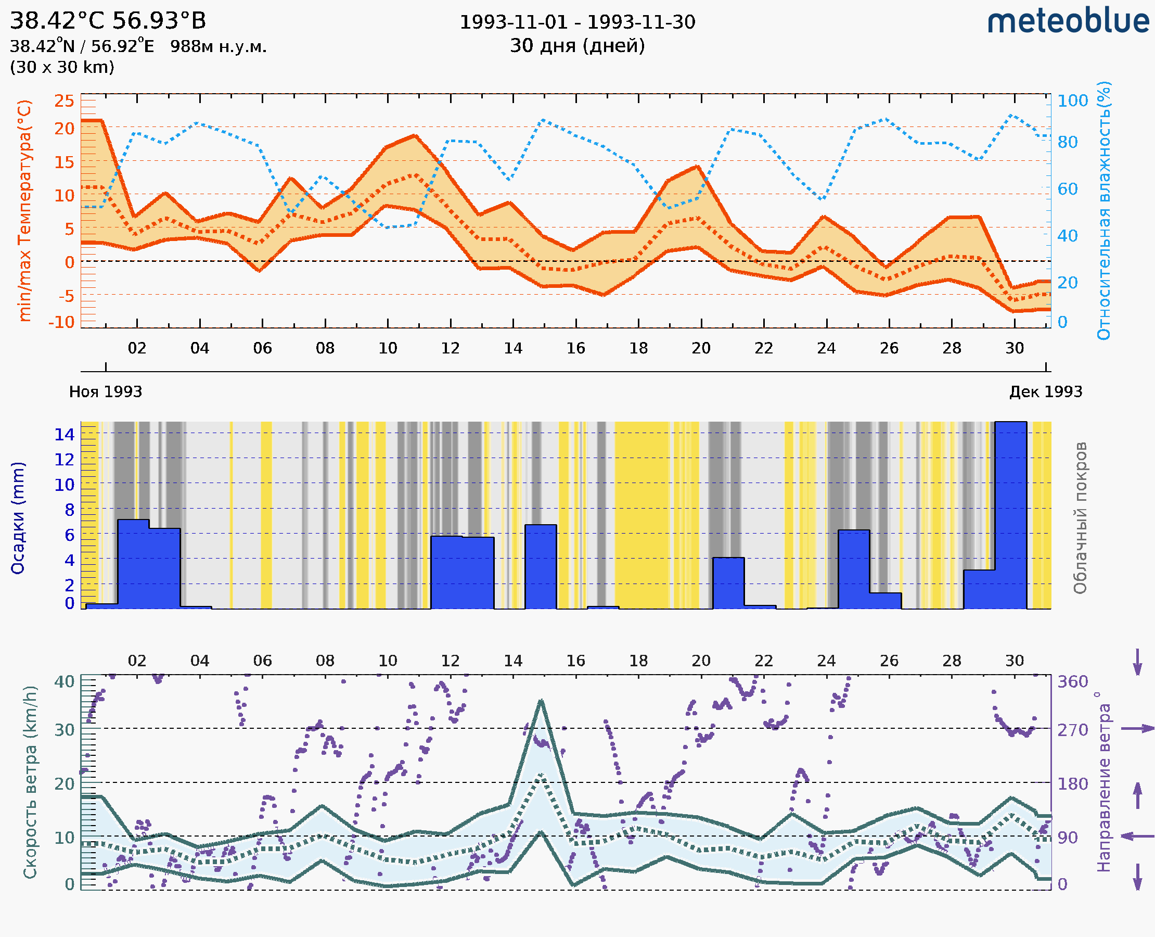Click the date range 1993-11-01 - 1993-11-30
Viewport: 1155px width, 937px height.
pos(577,22)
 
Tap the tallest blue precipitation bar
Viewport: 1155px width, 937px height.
pos(1010,515)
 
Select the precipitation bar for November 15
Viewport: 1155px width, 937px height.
pos(541,567)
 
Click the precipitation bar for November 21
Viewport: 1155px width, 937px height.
pos(728,584)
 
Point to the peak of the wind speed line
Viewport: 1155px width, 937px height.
pos(541,701)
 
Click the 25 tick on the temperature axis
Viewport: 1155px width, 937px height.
pos(64,101)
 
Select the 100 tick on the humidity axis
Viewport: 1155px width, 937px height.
pos(1072,101)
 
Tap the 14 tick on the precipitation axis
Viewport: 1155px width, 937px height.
pos(64,434)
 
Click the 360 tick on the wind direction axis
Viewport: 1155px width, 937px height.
pos(1072,682)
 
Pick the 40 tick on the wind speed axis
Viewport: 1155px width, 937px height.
pos(64,682)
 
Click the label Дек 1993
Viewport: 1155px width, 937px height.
pos(1046,392)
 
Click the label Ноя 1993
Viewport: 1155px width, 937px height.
pos(106,392)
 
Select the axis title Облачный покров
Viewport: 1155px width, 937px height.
pos(1080,518)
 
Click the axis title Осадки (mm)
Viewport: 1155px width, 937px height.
pos(18,518)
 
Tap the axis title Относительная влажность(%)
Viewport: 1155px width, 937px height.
pos(1103,210)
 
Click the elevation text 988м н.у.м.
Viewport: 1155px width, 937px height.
pos(218,47)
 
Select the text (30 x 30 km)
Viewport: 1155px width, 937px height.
pos(62,68)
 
